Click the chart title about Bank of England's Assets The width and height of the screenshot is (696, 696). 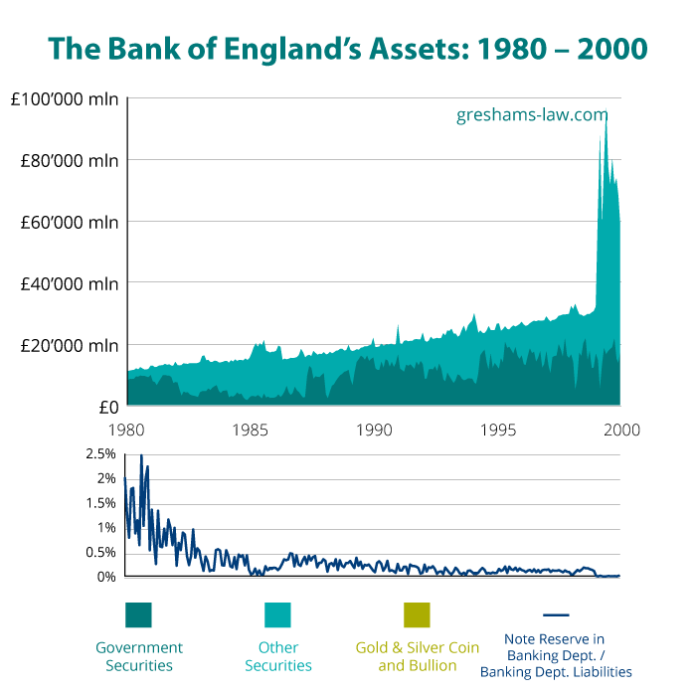coord(348,48)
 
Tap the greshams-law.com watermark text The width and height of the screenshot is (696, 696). coord(532,114)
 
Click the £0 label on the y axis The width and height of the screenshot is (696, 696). coord(108,407)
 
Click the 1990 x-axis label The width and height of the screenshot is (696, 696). coord(375,430)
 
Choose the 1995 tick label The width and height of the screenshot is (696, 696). coord(498,430)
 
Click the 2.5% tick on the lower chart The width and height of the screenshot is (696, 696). coord(102,453)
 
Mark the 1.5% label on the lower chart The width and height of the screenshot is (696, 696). coord(102,503)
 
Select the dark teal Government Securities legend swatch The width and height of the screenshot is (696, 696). coord(138,615)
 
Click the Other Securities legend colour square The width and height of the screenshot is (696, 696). coord(277,615)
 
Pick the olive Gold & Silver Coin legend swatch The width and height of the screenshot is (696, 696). coord(418,615)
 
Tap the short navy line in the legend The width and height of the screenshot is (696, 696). coord(556,615)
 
